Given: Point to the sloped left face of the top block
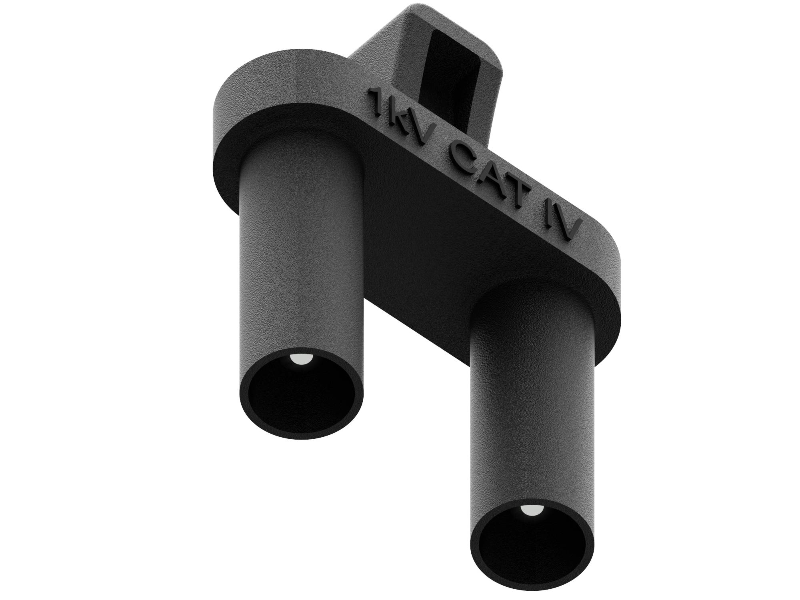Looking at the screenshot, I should (376, 52).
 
